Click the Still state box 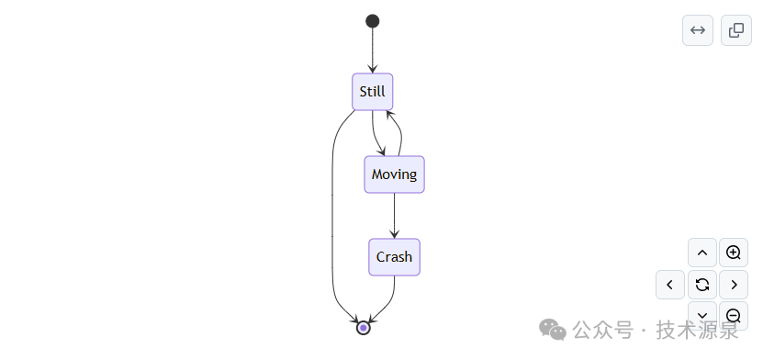coord(372,92)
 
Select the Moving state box coord(394,174)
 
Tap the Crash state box coord(394,257)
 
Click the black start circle coord(372,21)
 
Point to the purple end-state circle coord(363,328)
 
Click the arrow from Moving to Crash coord(394,216)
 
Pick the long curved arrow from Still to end coord(331,214)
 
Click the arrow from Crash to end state coord(389,302)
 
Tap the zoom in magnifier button coord(734,253)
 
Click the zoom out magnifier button coord(734,316)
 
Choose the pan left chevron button coord(670,285)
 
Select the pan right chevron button coord(734,285)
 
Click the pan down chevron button coord(702,316)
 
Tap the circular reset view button coord(702,285)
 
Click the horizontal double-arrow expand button coord(698,30)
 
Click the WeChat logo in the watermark coord(553,330)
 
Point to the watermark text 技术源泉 coord(697,331)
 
